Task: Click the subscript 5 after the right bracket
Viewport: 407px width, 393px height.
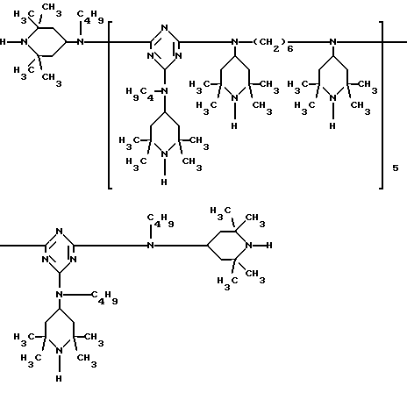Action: point(395,168)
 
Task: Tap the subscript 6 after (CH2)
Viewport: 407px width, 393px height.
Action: point(289,48)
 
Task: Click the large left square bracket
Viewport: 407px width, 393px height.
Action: point(110,105)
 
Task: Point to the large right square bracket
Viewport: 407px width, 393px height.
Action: point(381,105)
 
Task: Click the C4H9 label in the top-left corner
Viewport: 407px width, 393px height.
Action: point(90,17)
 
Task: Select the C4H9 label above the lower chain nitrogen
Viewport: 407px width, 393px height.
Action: point(161,220)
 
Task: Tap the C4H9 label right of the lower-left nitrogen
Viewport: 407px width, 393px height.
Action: point(104,297)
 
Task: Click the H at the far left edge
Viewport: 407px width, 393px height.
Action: point(3,42)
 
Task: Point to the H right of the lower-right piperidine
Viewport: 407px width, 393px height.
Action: point(269,245)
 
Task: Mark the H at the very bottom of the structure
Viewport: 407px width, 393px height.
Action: point(59,378)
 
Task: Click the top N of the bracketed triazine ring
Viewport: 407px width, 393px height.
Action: point(165,28)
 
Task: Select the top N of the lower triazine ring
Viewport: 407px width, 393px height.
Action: point(60,232)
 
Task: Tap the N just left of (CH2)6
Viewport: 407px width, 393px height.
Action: point(234,42)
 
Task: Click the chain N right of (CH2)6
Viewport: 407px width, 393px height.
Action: point(332,42)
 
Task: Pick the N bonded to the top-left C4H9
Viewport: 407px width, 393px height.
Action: point(81,42)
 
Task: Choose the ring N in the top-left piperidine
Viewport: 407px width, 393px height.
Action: point(25,42)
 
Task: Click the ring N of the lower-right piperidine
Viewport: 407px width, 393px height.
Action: point(249,245)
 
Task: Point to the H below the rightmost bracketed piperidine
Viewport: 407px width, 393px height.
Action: point(332,125)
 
